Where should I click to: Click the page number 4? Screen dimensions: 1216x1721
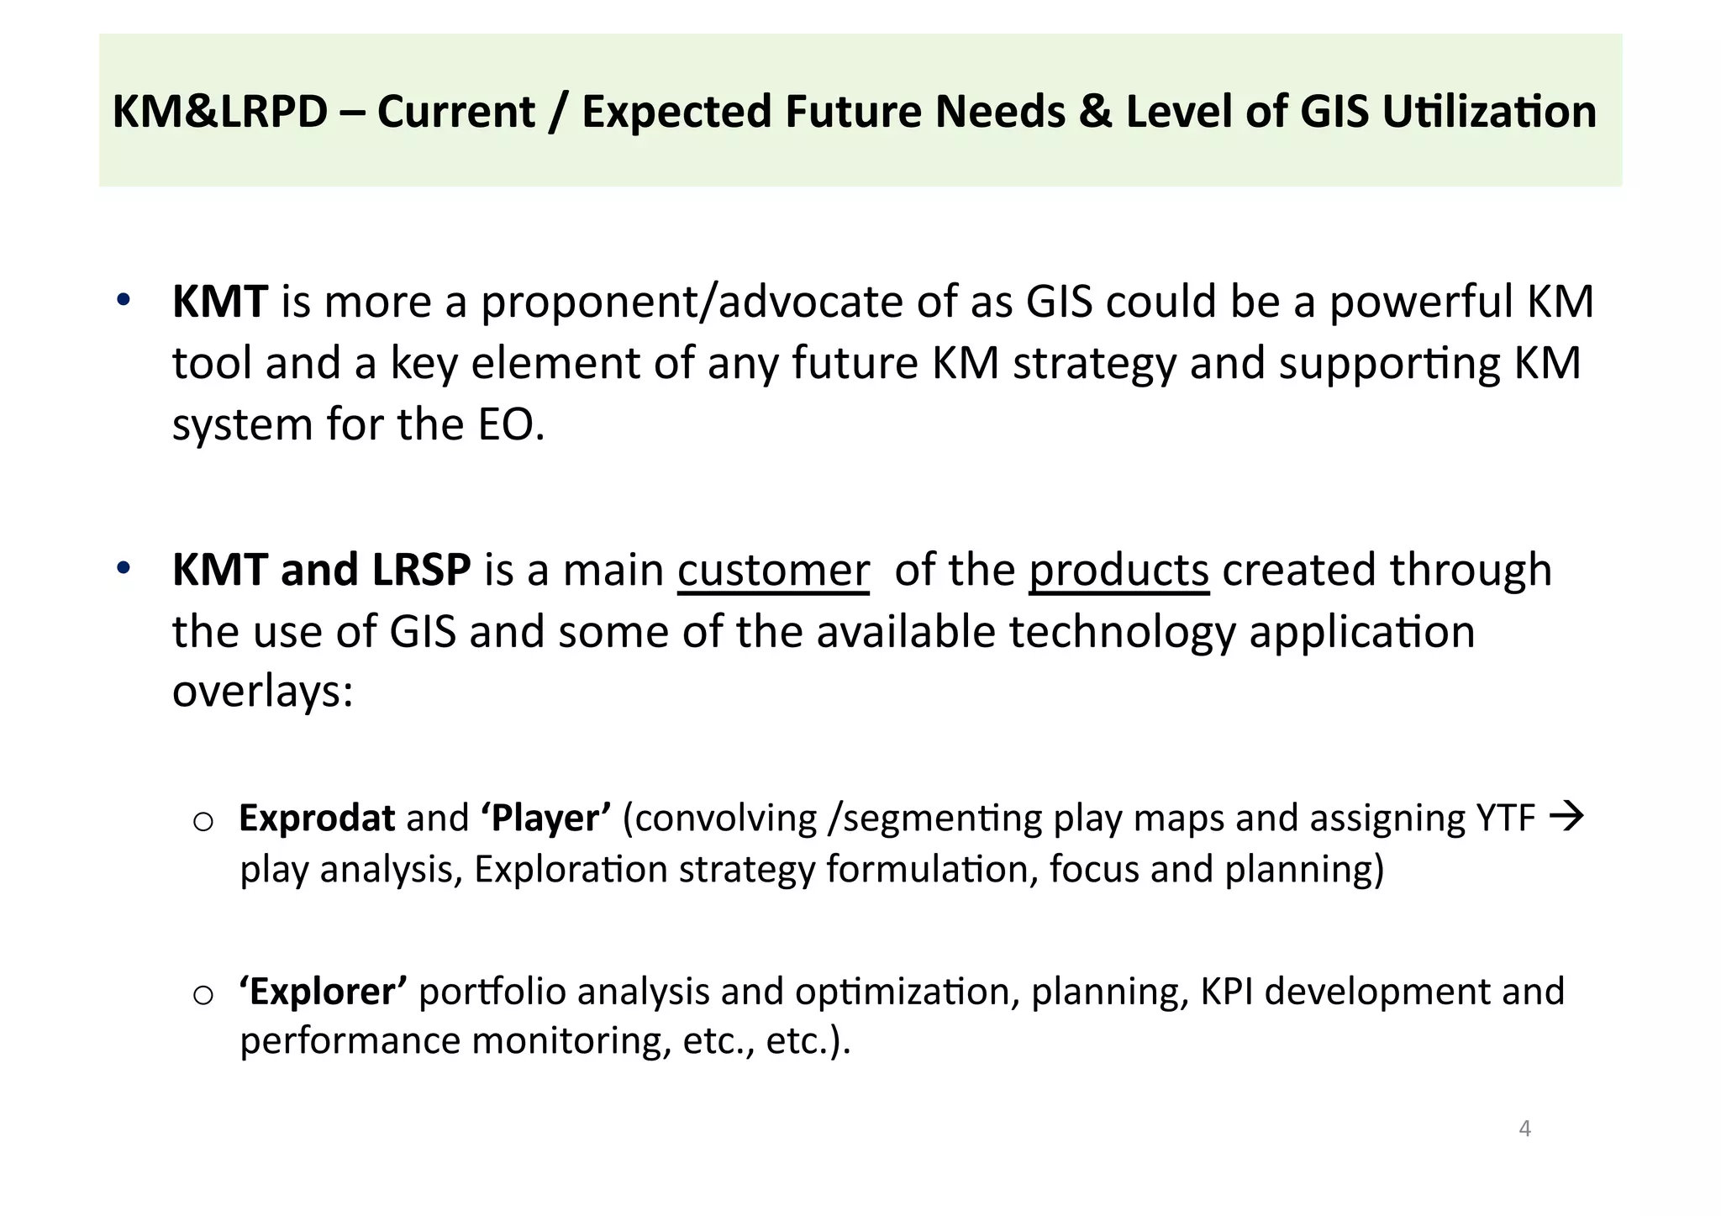pos(1524,1129)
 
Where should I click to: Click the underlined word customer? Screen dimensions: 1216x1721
pos(772,570)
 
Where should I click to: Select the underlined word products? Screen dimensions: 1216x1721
pos(1118,570)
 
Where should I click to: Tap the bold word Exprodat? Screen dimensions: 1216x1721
pos(317,818)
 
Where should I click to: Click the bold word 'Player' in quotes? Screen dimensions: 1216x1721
pos(546,818)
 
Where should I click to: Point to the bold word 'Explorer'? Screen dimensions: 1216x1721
pos(324,992)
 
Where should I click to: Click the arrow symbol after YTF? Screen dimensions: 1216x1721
pos(1566,816)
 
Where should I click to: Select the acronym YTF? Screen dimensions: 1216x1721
pos(1505,818)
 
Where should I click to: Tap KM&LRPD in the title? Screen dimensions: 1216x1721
pos(219,112)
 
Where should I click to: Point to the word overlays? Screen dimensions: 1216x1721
pos(262,692)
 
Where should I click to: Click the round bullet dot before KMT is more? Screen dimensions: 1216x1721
pos(123,300)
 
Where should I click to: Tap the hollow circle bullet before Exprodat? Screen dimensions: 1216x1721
pos(203,821)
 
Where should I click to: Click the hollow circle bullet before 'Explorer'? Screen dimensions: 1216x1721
pos(203,996)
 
